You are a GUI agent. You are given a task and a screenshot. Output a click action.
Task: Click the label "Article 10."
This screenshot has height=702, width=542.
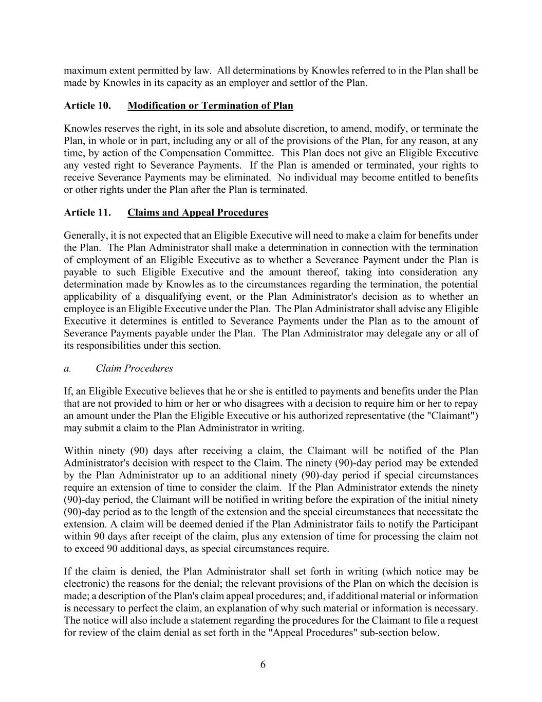click(x=87, y=106)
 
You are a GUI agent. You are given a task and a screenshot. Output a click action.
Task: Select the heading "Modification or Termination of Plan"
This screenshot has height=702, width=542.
click(x=210, y=106)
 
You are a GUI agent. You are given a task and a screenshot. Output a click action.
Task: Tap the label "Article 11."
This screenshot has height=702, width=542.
click(x=87, y=213)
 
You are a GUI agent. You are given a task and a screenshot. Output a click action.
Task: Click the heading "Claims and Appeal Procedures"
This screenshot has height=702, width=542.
click(x=198, y=213)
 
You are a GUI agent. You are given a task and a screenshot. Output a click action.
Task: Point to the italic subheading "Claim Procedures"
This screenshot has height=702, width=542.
click(x=134, y=369)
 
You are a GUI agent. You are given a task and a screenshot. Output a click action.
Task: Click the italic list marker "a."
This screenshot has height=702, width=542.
click(x=67, y=369)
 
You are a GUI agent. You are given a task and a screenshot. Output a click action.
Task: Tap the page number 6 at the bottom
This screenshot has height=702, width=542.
click(x=263, y=665)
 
